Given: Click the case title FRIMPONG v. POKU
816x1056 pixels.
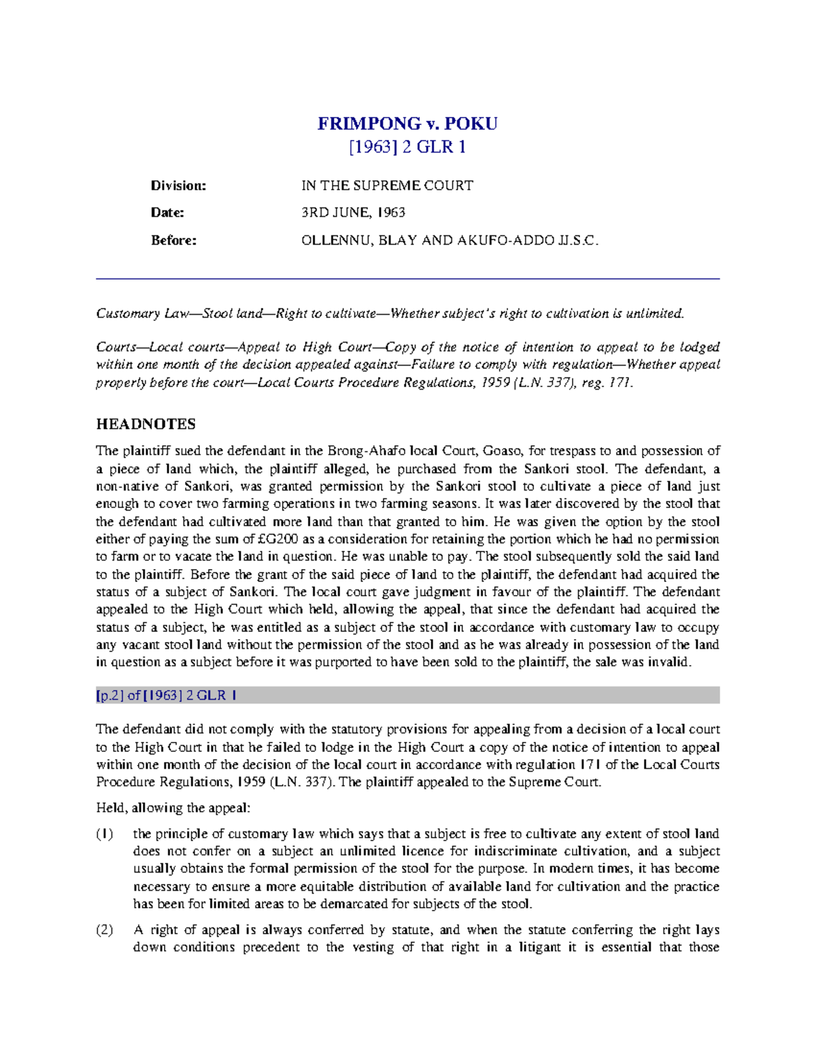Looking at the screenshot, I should pyautogui.click(x=407, y=124).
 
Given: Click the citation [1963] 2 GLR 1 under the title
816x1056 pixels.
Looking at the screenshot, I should pyautogui.click(x=407, y=147).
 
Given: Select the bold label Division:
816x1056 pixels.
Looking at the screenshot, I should pyautogui.click(x=178, y=186).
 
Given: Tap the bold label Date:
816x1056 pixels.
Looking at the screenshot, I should pyautogui.click(x=167, y=213).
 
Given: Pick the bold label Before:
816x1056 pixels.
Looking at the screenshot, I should pyautogui.click(x=173, y=240).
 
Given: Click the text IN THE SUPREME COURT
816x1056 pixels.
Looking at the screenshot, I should pyautogui.click(x=387, y=186).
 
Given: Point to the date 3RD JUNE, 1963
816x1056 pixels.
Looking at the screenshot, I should pyautogui.click(x=353, y=213).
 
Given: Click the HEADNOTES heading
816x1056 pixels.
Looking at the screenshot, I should pyautogui.click(x=146, y=424).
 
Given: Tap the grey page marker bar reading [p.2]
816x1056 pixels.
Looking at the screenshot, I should pyautogui.click(x=407, y=696).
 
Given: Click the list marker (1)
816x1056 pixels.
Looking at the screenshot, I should pyautogui.click(x=104, y=834).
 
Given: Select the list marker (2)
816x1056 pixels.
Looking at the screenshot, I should pyautogui.click(x=104, y=930).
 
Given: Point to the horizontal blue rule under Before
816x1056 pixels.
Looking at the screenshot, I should pyautogui.click(x=407, y=279).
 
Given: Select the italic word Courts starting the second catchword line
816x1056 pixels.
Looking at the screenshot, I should pyautogui.click(x=116, y=347).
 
